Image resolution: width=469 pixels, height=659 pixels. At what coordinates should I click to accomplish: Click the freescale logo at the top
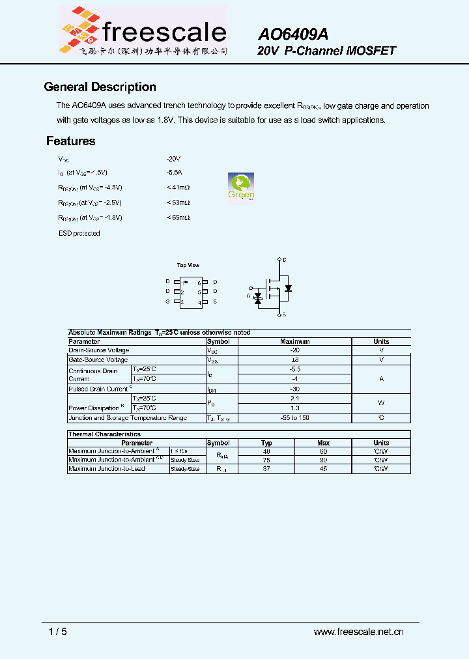[x=143, y=31]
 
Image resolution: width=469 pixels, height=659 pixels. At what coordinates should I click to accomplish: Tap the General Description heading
[x=100, y=87]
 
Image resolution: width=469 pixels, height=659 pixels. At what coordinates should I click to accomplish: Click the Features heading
[x=70, y=141]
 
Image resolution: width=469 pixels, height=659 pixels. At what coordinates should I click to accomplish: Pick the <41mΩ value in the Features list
[x=178, y=188]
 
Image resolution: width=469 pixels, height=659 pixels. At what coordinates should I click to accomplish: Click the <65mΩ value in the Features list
[x=178, y=217]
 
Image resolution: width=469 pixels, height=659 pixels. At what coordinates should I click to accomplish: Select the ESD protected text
[x=79, y=233]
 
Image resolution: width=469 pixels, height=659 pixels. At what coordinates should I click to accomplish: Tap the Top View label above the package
[x=188, y=265]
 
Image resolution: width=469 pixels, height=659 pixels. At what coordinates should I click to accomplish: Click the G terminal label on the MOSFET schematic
[x=248, y=296]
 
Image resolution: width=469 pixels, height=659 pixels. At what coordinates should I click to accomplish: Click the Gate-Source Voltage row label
[x=98, y=360]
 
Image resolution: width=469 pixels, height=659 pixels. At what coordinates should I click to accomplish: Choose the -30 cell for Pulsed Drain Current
[x=294, y=389]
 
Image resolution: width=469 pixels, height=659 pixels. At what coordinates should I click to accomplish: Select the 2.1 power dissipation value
[x=294, y=398]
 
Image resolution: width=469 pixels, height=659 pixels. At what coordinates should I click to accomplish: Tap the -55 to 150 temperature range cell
[x=294, y=418]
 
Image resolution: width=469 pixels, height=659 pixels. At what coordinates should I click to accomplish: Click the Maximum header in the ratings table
[x=294, y=341]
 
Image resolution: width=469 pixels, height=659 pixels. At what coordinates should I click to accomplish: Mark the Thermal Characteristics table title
[x=104, y=434]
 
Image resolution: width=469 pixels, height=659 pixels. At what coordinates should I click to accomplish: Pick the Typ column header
[x=266, y=443]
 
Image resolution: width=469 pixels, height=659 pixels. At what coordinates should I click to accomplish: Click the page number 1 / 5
[x=58, y=631]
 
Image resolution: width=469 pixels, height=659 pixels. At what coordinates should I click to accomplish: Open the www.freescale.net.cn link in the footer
[x=358, y=631]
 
